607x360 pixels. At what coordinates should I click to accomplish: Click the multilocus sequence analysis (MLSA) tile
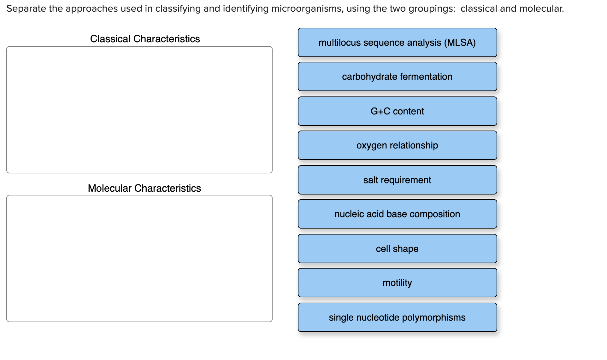[x=397, y=43]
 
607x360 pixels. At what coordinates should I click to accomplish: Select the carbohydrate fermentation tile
[x=397, y=77]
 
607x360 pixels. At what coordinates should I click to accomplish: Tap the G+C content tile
[x=397, y=111]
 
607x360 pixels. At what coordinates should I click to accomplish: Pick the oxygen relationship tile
[x=397, y=145]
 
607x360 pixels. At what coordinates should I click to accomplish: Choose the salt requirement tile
[x=397, y=180]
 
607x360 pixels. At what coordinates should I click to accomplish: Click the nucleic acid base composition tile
[x=397, y=214]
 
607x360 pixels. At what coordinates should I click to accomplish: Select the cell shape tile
[x=397, y=249]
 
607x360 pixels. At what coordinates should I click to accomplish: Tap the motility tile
[x=397, y=283]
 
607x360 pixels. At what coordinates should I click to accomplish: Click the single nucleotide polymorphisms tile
[x=397, y=317]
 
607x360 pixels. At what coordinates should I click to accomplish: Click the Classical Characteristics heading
[x=145, y=39]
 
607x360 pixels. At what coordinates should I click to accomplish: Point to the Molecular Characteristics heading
[x=144, y=188]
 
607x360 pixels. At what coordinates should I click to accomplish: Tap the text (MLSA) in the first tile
[x=460, y=43]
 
